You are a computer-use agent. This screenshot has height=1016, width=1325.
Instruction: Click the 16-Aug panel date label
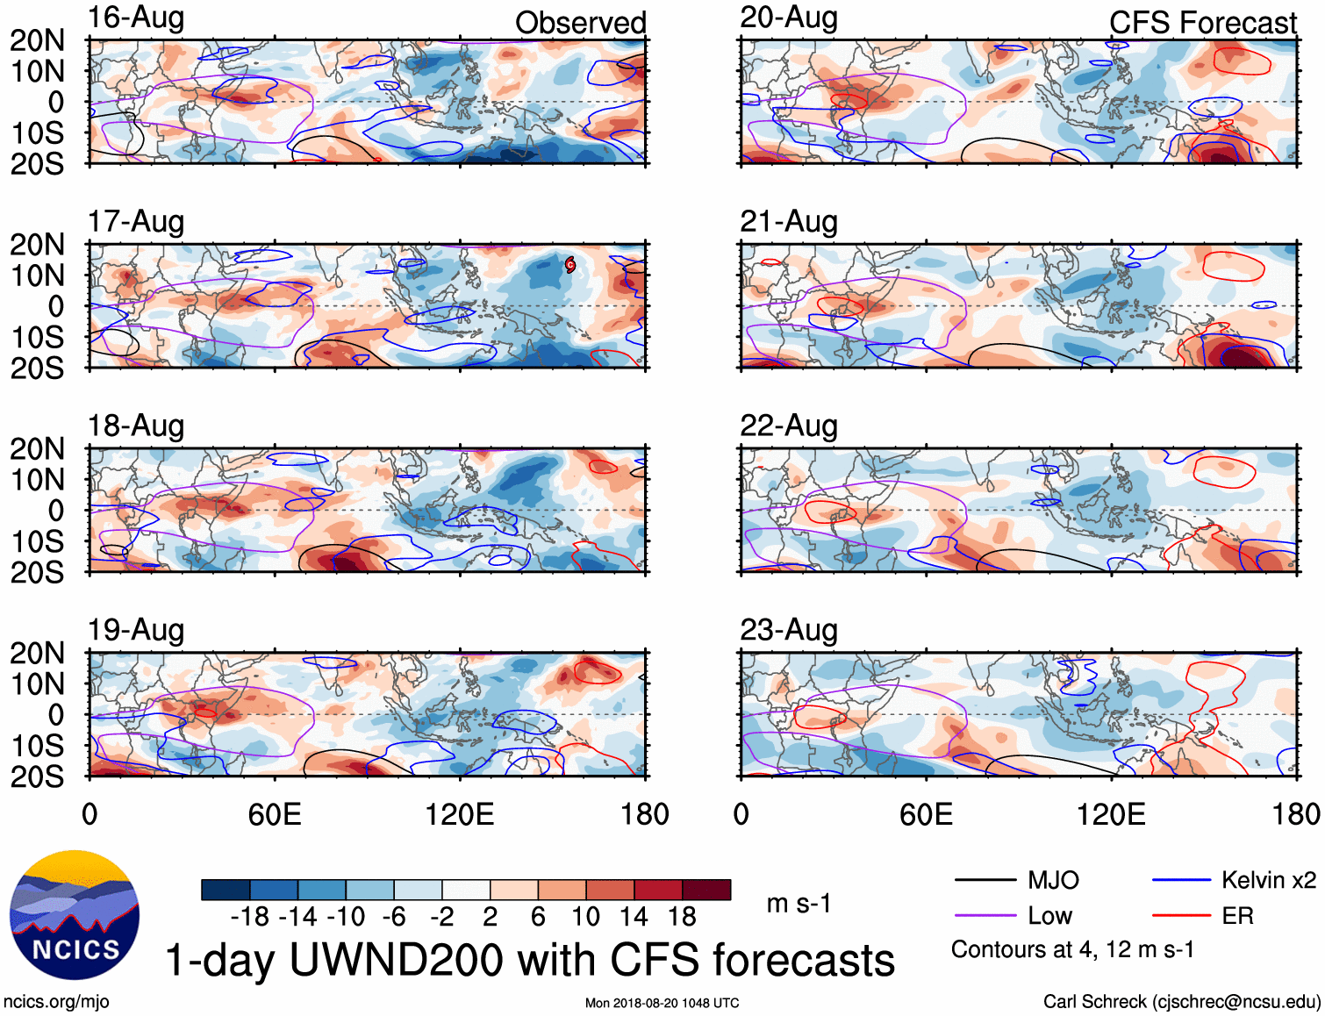(x=136, y=18)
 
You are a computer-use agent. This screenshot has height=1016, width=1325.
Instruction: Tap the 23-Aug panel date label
(x=788, y=630)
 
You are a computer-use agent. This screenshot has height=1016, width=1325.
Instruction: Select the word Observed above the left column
(x=580, y=23)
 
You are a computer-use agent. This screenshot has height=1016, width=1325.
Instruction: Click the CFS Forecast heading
(x=1202, y=23)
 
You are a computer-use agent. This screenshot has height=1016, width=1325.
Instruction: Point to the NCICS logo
(x=75, y=915)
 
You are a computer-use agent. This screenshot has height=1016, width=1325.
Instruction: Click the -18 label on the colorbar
(x=250, y=917)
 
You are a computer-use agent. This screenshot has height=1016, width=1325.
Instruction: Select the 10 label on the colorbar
(x=585, y=917)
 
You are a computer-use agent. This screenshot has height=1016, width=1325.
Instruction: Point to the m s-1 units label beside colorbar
(x=799, y=903)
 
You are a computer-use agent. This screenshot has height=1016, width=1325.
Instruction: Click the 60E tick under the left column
(x=275, y=814)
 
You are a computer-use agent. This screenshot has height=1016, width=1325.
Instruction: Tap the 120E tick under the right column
(x=1111, y=814)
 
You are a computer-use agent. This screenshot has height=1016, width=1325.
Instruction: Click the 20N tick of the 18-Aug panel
(x=37, y=449)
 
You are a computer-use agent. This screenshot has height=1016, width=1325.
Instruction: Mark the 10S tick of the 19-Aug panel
(x=37, y=746)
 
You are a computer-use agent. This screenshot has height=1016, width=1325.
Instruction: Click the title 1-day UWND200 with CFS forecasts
(x=530, y=960)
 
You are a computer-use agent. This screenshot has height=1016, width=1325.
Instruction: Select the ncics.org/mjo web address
(x=56, y=1002)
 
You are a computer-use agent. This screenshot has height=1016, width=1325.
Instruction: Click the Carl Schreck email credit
(x=1181, y=1002)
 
